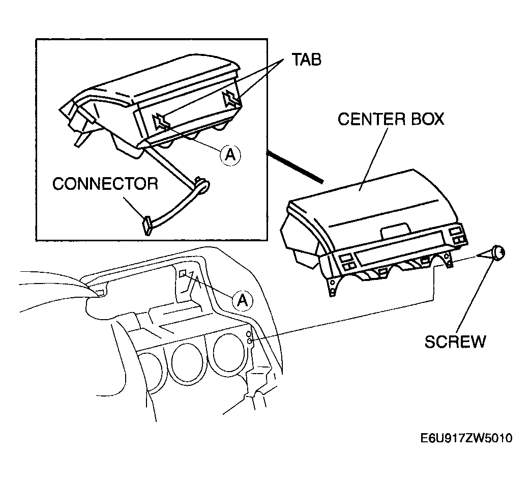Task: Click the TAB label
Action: tap(307, 60)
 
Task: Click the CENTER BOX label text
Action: tap(391, 119)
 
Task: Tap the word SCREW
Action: tap(455, 342)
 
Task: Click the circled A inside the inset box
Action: tap(230, 155)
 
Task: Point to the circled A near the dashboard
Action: tap(243, 300)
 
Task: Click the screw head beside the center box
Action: tap(499, 253)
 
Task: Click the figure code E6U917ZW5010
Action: tap(466, 438)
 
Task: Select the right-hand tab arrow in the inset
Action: tap(231, 98)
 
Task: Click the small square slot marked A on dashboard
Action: tap(183, 273)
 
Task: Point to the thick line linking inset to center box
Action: tap(294, 167)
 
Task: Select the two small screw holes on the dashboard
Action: tap(249, 337)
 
